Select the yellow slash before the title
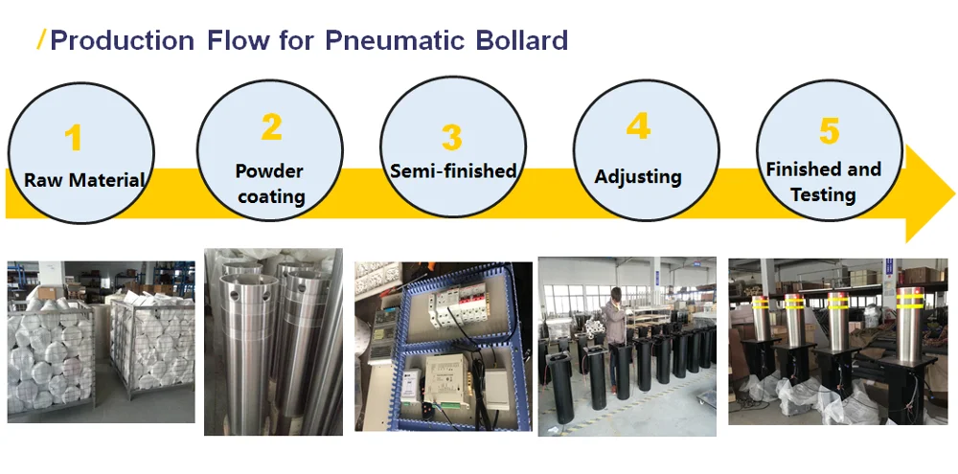41,39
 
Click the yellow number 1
74,138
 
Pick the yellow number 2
271,126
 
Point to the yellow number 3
451,137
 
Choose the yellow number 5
829,130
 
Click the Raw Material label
83,180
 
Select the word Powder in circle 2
269,170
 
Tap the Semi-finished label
453,170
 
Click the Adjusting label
638,176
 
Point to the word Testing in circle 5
822,194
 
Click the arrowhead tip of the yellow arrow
954,193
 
